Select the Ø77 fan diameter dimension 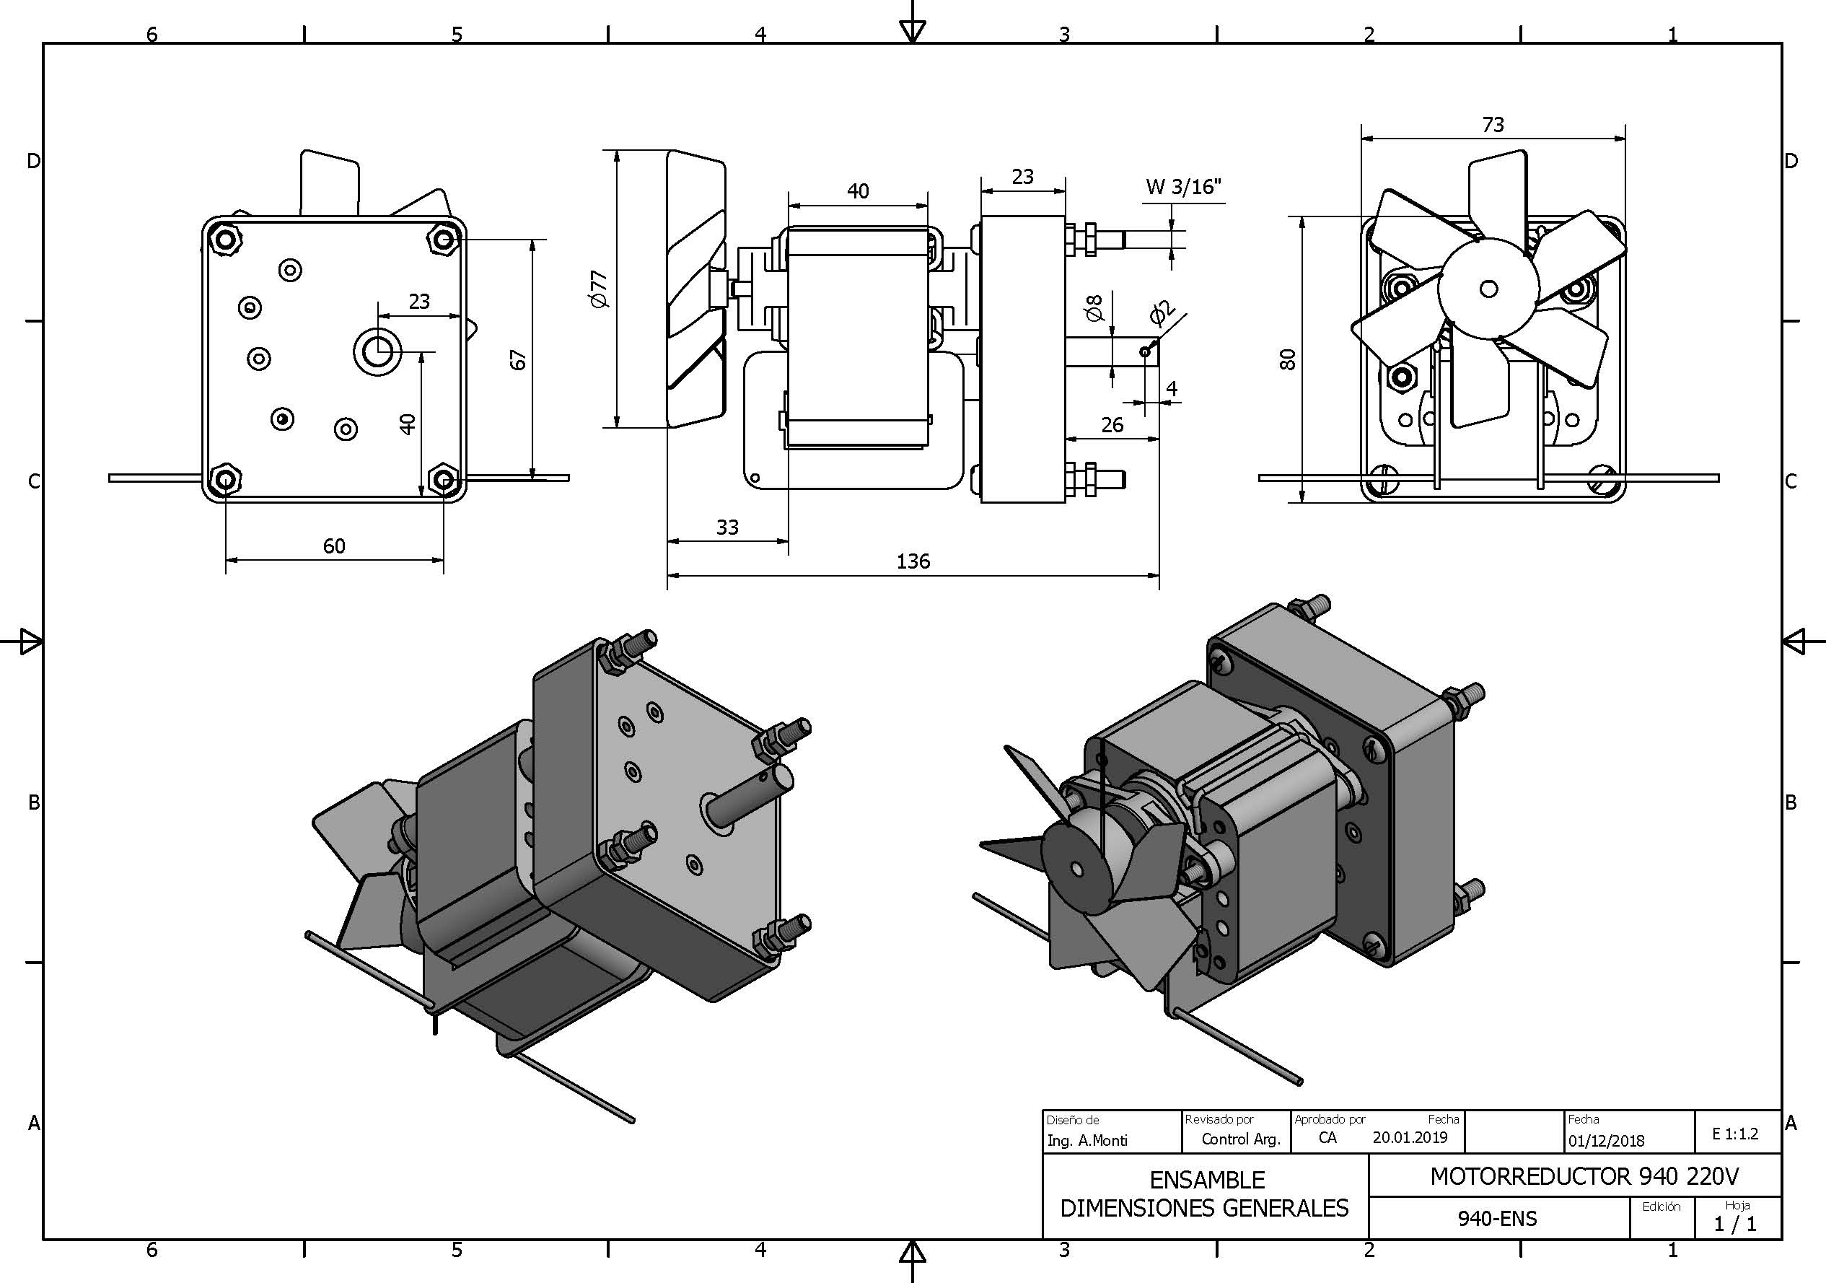coord(599,289)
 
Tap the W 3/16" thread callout coord(1182,187)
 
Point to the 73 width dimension coord(1493,125)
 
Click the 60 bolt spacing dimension coord(334,546)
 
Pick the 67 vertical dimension coord(519,359)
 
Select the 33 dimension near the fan coord(727,527)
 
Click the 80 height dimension coord(1288,359)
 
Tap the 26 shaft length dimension coord(1112,425)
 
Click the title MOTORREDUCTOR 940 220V coord(1584,1176)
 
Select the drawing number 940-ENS coord(1497,1219)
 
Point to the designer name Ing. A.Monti coord(1087,1141)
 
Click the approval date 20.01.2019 coord(1410,1137)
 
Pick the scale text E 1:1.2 coord(1735,1134)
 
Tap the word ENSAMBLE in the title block coord(1206,1180)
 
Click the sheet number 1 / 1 coord(1734,1223)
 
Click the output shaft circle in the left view coord(377,350)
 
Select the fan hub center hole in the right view coord(1489,289)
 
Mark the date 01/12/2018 coord(1606,1141)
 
